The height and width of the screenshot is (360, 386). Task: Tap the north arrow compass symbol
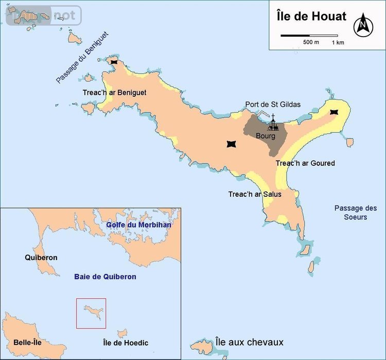coord(363,24)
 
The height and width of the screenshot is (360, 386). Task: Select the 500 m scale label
coord(311,42)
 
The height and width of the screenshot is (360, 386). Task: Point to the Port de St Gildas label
coord(273,105)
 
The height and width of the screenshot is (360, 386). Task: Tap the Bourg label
coord(266,136)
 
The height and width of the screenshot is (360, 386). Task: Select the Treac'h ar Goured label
coord(305,163)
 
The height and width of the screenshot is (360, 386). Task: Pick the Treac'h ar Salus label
coord(255,194)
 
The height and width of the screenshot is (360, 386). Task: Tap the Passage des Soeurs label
coord(356,213)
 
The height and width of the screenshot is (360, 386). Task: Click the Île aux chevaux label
coord(249,342)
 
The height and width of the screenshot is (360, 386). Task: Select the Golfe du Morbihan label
coord(138,225)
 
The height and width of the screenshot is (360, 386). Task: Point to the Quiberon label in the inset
coord(41,258)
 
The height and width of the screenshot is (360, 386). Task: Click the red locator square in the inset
coord(91,313)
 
